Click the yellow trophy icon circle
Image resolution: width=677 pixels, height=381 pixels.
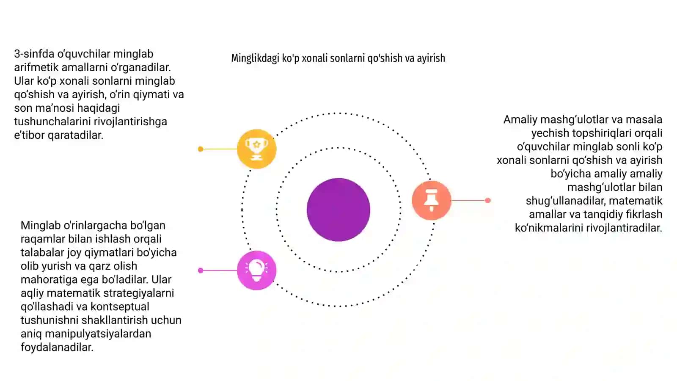click(256, 149)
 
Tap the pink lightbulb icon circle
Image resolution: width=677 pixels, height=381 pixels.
click(256, 271)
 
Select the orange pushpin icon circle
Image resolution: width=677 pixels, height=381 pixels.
click(432, 200)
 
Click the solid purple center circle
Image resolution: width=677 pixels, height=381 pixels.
click(338, 210)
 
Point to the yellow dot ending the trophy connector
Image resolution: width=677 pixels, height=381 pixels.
click(201, 149)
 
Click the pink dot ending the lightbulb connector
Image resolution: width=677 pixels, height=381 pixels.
click(201, 271)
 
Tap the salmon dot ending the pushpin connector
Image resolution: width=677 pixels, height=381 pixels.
click(487, 201)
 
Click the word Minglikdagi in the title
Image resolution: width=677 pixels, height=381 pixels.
click(255, 58)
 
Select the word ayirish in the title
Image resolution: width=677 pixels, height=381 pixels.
click(431, 58)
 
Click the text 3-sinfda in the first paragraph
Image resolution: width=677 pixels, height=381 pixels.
click(34, 54)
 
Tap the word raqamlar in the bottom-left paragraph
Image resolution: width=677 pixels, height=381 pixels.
click(43, 239)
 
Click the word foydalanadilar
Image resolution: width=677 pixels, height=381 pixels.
click(57, 348)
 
